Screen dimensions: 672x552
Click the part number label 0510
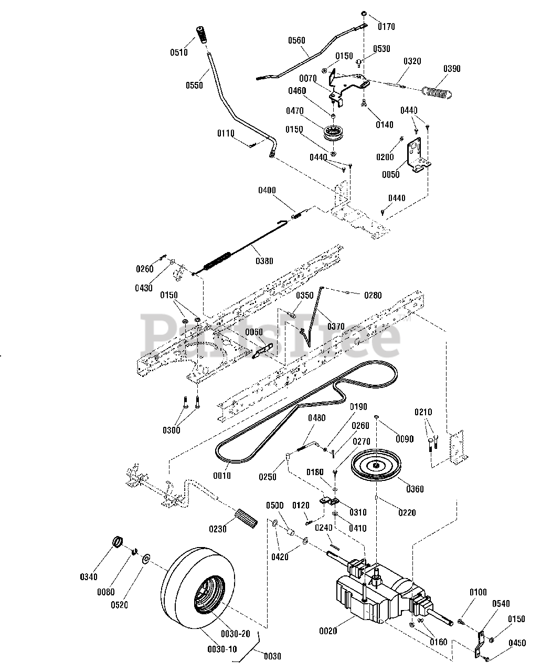[x=178, y=52]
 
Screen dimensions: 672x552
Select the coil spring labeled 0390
[x=437, y=90]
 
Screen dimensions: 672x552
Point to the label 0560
[x=297, y=40]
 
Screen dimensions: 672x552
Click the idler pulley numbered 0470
[x=332, y=132]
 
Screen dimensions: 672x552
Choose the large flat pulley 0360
[x=376, y=464]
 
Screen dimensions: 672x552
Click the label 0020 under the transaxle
[x=328, y=631]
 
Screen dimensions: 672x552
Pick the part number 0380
[x=264, y=260]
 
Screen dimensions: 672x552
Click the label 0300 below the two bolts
[x=171, y=430]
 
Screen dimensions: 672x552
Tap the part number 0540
[x=501, y=604]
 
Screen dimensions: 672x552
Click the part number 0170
[x=387, y=26]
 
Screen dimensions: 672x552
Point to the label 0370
[x=336, y=326]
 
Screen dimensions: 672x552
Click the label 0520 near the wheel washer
[x=120, y=605]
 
